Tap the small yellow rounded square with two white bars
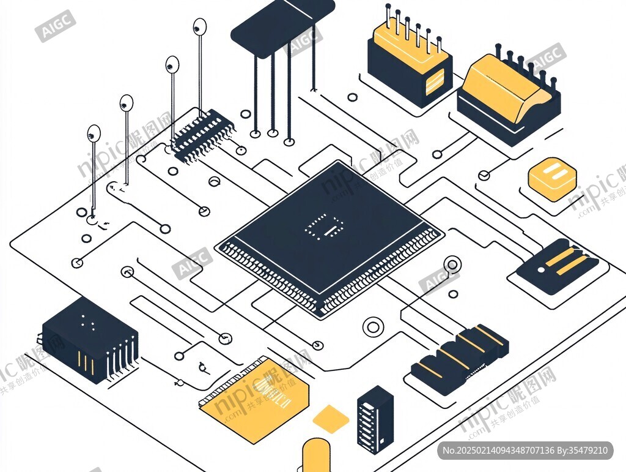coord(552,179)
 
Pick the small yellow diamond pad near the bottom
coord(331,419)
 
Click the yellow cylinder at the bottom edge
coord(317,455)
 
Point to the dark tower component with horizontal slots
coord(375,419)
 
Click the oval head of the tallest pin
coord(200,26)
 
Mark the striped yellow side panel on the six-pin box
coord(435,81)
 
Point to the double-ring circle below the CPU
coord(372,327)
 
